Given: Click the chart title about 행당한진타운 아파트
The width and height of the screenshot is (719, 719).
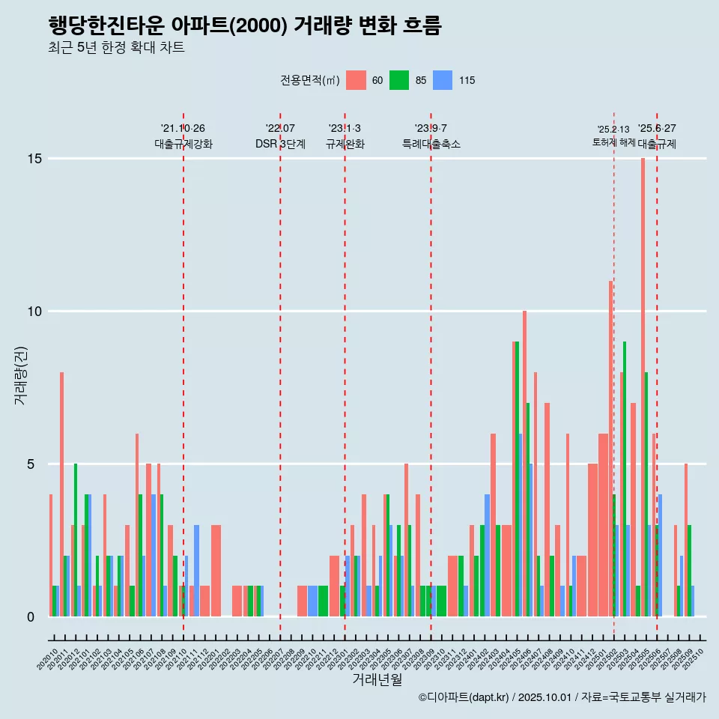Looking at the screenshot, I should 244,26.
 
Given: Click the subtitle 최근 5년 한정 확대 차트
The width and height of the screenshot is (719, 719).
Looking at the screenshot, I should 116,48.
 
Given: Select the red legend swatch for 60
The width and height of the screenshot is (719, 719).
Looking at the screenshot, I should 357,80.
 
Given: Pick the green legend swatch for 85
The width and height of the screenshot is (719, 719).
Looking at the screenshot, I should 399,80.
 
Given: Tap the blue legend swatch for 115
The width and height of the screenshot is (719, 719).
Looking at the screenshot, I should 443,80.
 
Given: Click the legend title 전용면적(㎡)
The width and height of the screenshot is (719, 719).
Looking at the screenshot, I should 310,80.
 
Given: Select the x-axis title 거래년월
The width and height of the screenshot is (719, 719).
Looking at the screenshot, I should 377,679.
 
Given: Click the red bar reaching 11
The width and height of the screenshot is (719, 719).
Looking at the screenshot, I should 610,449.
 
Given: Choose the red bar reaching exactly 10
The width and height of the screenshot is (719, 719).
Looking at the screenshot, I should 524,464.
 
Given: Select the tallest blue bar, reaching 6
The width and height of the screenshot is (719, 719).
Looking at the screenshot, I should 520,524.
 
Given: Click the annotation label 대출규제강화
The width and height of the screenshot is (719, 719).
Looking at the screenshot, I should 183,144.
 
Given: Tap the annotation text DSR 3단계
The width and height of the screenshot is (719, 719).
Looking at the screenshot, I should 280,144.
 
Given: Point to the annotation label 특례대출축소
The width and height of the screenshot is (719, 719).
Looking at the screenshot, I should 431,144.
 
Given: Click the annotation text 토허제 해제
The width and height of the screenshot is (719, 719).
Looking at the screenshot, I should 613,142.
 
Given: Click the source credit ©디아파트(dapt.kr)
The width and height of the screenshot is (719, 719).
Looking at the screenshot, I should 464,697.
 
